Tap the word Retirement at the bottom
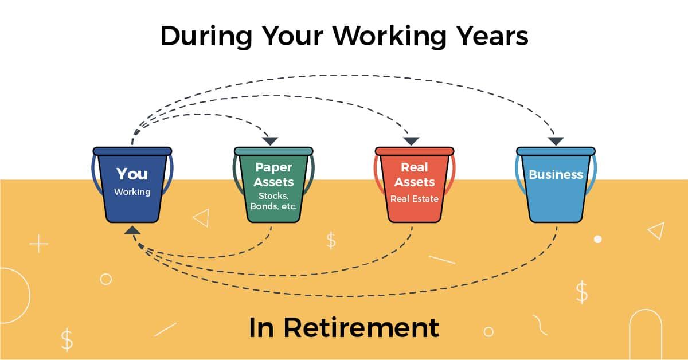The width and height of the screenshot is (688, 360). coord(361,327)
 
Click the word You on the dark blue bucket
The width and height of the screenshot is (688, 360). coord(132,174)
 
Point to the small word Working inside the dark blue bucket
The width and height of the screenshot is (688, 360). coord(132,192)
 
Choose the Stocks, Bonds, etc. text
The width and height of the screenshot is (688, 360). coord(273,201)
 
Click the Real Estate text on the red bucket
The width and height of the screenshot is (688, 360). coord(415,199)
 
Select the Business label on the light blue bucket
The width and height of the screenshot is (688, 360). coord(556,175)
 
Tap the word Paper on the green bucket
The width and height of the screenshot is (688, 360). coord(273,167)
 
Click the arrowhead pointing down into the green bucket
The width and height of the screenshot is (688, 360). coord(270,141)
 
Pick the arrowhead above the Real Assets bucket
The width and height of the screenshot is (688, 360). coord(411,141)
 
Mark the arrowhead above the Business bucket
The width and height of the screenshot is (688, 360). coord(555,141)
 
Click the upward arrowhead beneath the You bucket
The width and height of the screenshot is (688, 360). coord(132,230)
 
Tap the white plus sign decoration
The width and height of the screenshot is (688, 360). coord(38,245)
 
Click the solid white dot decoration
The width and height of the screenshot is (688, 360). coord(597,239)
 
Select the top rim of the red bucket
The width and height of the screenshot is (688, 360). coord(415,151)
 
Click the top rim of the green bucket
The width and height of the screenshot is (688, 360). coord(273,151)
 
